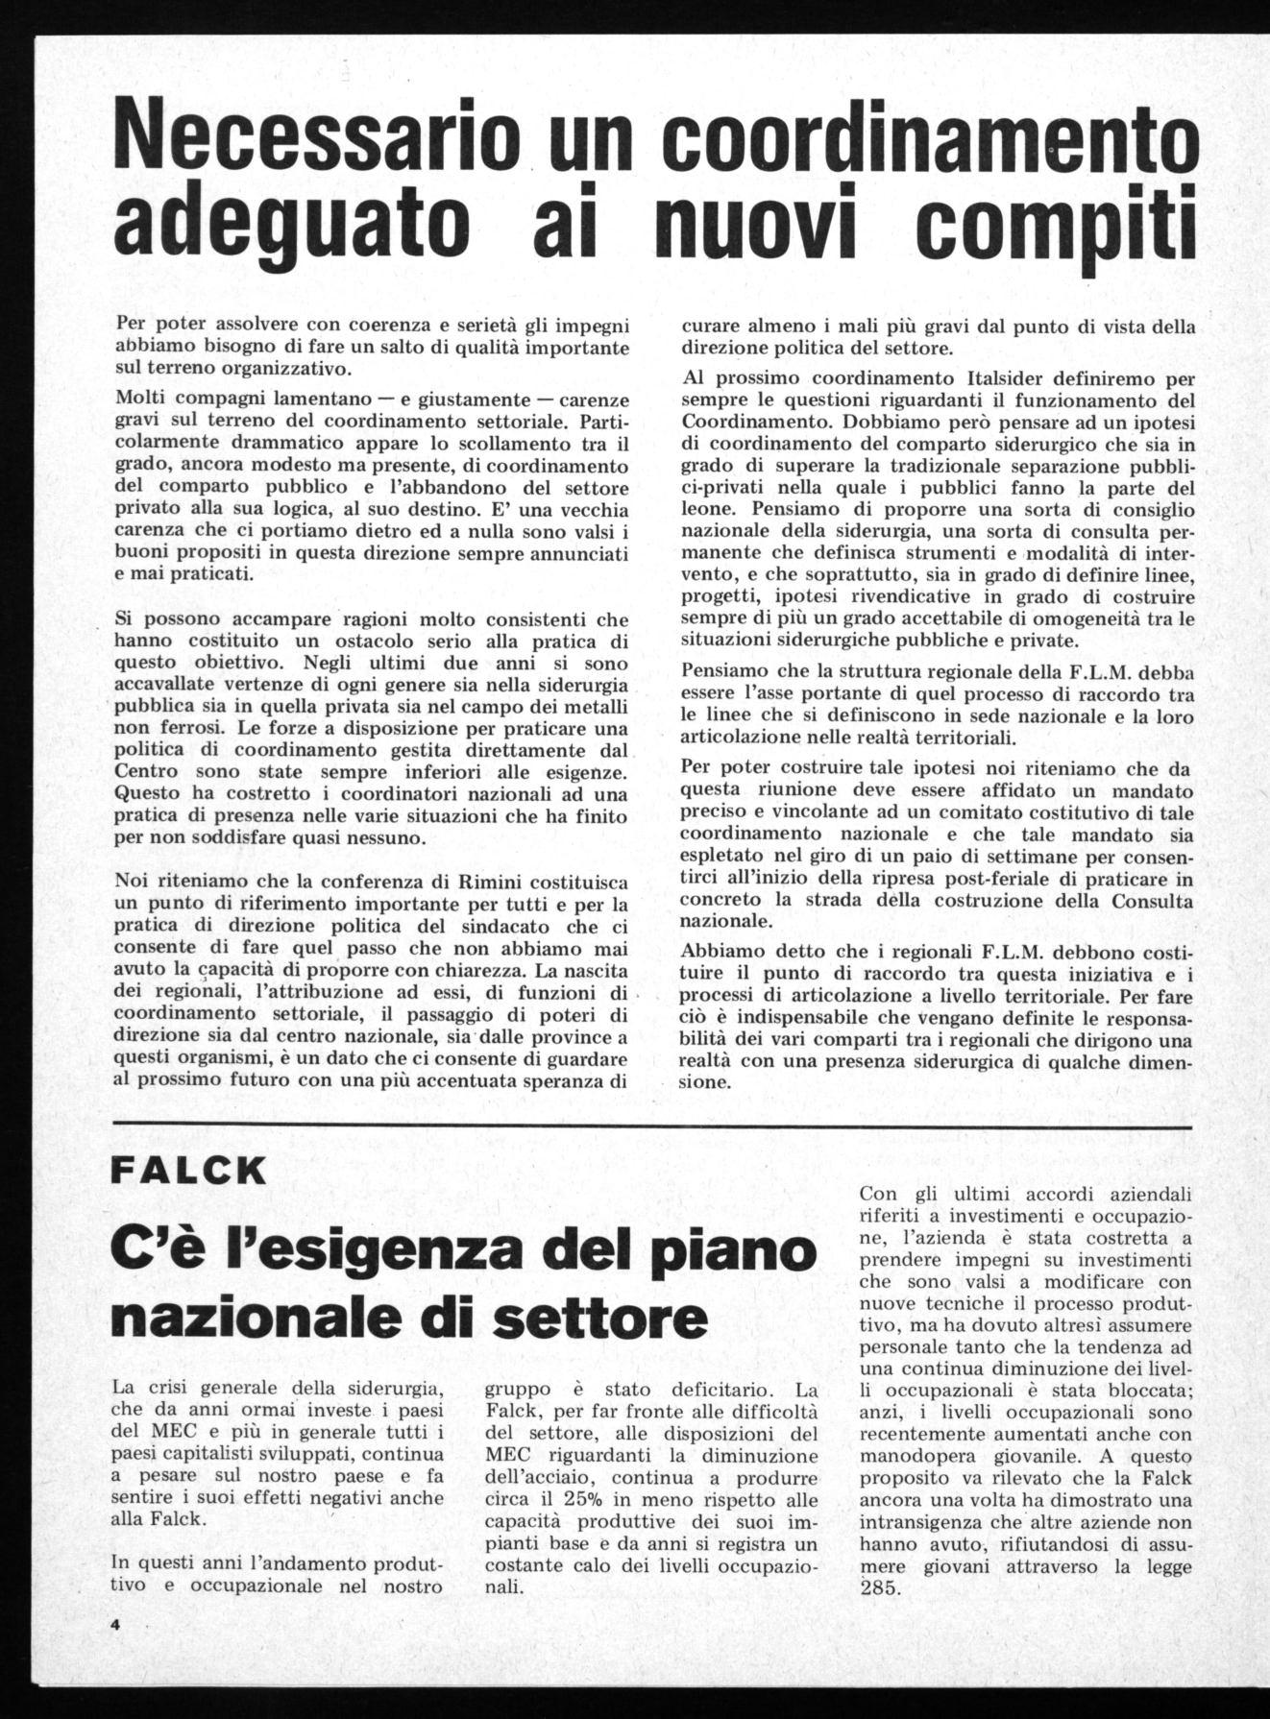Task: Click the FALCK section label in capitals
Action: (188, 1171)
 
